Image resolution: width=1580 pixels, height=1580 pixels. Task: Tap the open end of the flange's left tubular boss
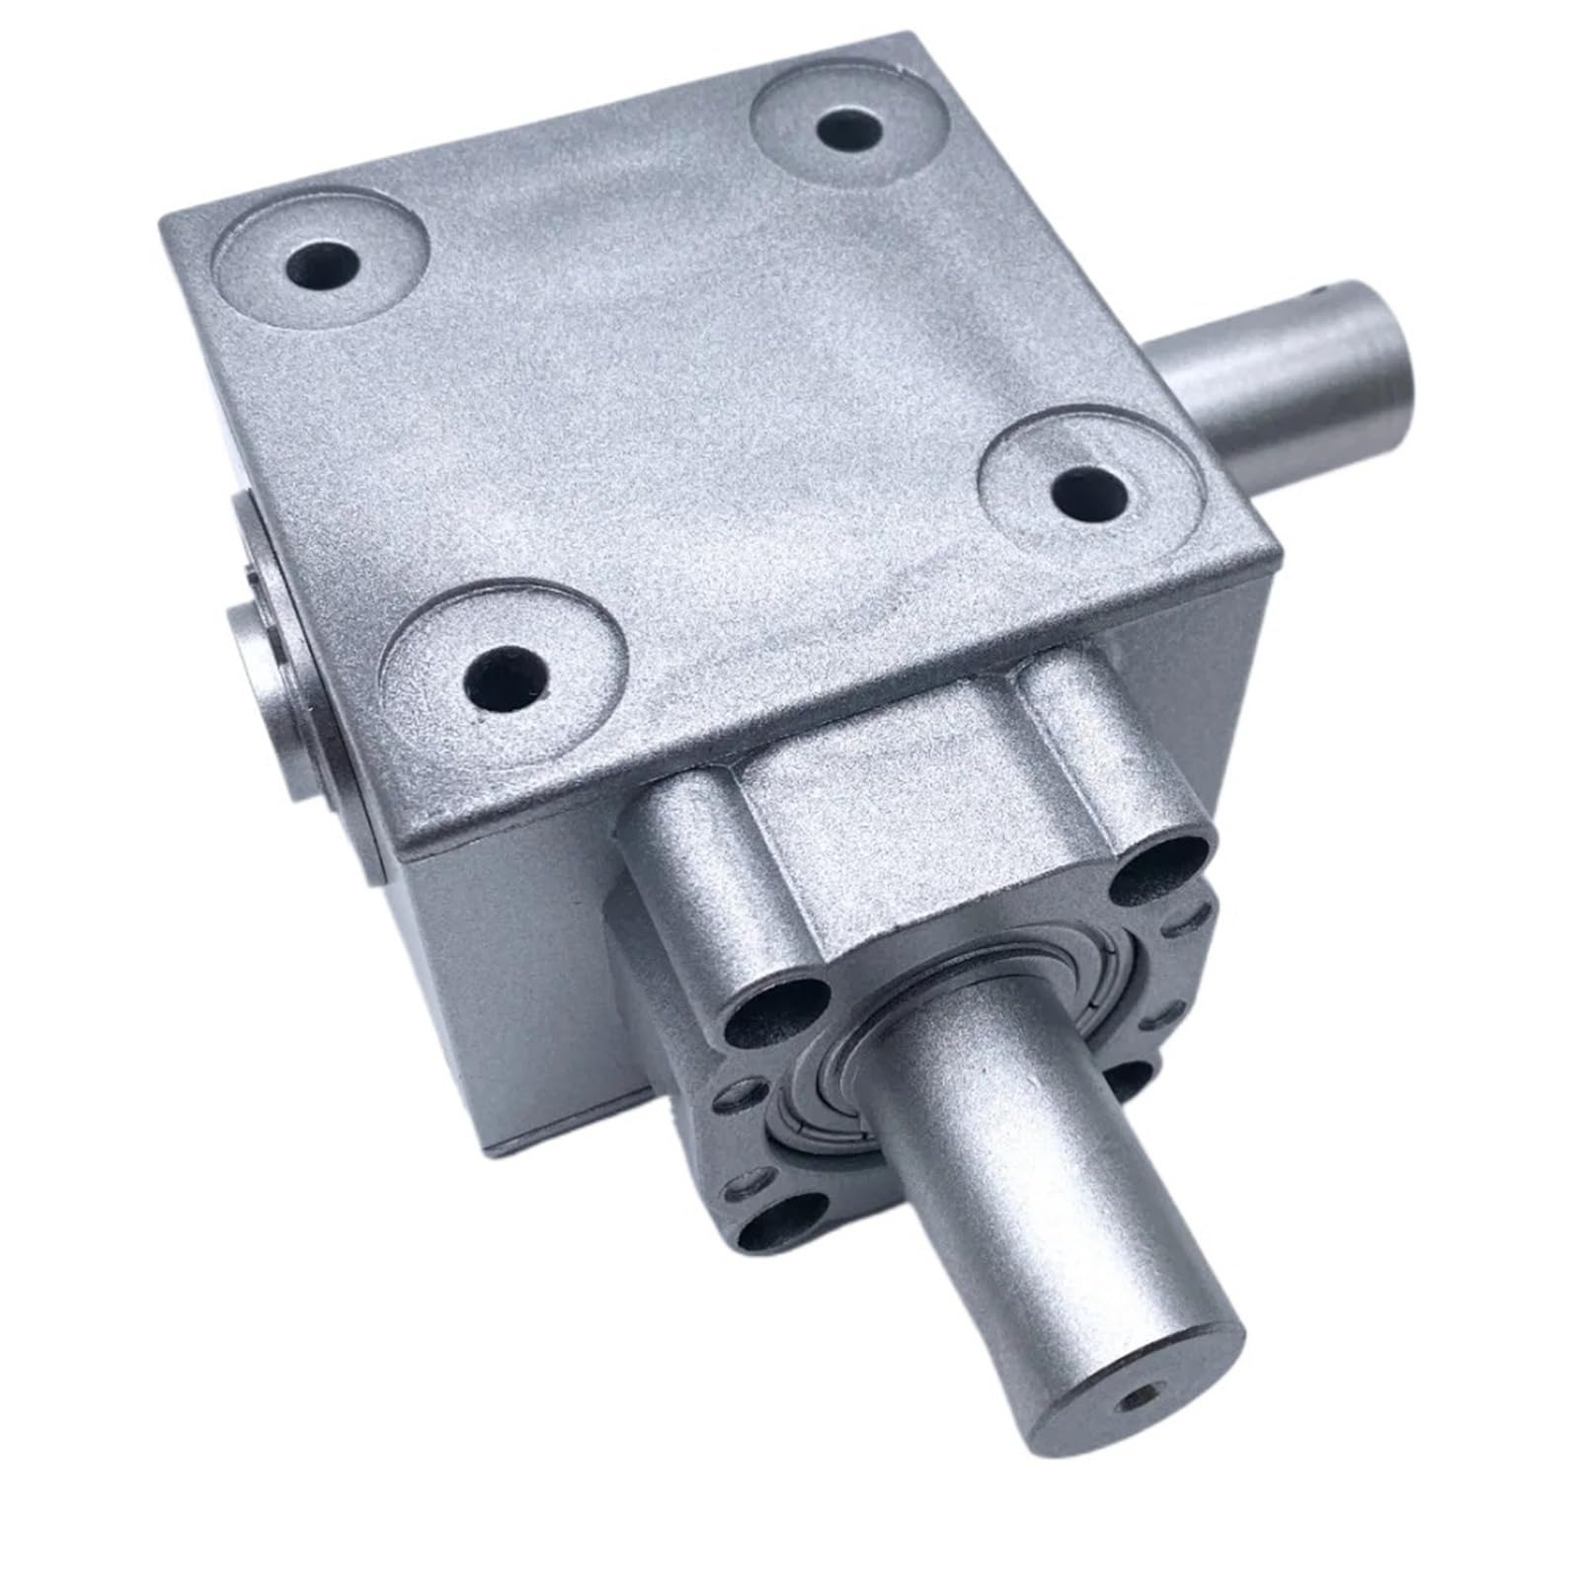tap(776, 1017)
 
